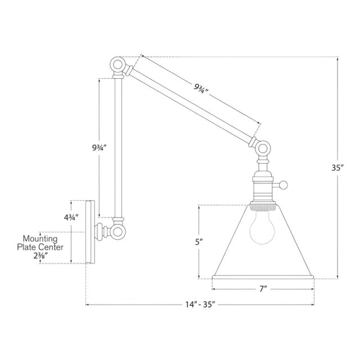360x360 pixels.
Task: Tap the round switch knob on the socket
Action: coord(283,185)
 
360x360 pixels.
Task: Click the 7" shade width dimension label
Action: coord(263,289)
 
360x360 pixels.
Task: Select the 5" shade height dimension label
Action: coord(199,241)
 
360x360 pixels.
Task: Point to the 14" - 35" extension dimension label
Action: coord(200,305)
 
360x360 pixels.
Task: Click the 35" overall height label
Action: coord(337,168)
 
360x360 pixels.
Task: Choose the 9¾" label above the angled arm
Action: coord(201,88)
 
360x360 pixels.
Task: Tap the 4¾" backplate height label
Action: coord(71,217)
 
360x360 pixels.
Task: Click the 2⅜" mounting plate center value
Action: coord(40,256)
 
